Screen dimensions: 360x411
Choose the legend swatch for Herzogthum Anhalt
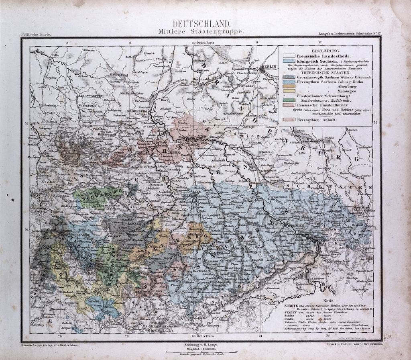pos(288,119)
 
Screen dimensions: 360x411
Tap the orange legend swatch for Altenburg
pos(288,86)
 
